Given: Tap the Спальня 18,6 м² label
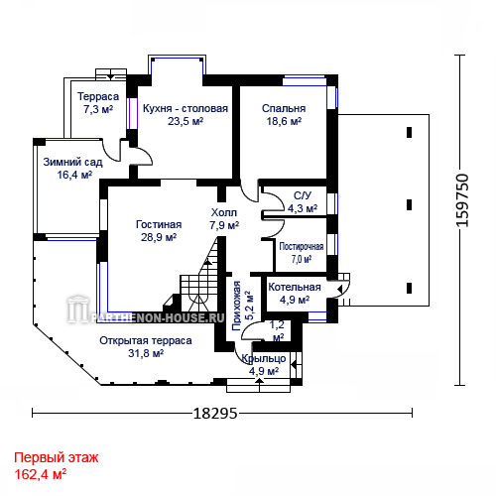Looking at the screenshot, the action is click(x=284, y=115).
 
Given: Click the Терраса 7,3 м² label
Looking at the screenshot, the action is click(x=98, y=102).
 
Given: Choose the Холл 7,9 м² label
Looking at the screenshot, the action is click(x=224, y=218).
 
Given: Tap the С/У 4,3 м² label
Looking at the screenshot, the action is click(x=303, y=201).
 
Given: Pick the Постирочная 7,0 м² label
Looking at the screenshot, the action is click(x=302, y=253).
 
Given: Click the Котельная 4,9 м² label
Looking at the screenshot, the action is click(x=295, y=294).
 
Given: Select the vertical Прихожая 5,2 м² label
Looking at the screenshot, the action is click(x=243, y=306).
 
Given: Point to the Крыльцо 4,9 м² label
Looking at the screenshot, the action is click(x=264, y=365).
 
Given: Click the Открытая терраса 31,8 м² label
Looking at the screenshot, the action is click(x=146, y=347).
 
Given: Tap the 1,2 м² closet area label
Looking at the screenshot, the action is click(x=278, y=331).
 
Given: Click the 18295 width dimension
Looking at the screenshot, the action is click(x=215, y=413).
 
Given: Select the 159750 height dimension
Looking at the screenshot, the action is click(x=462, y=200).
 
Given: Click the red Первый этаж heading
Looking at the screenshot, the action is click(x=57, y=458).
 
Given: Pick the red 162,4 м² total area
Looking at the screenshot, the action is click(x=40, y=474).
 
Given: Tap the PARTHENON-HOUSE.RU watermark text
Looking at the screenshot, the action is click(x=157, y=318).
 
